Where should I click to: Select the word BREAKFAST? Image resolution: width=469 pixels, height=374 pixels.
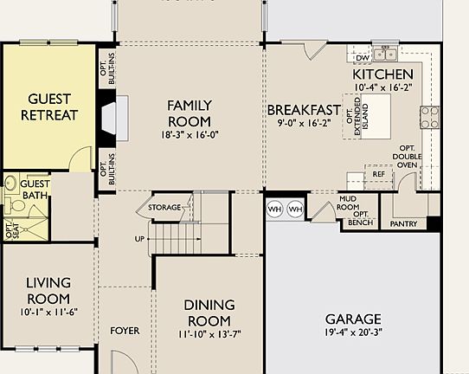303,110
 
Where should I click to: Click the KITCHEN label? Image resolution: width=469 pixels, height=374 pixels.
382,74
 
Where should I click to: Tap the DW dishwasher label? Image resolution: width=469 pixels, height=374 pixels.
363,58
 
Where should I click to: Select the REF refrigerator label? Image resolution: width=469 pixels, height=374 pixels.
378,174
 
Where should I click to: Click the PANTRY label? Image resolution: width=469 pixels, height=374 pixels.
403,224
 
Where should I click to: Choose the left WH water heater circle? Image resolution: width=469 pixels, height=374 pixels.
276,210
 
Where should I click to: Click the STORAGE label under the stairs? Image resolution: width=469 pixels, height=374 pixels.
164,208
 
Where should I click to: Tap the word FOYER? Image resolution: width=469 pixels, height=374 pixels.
125,331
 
